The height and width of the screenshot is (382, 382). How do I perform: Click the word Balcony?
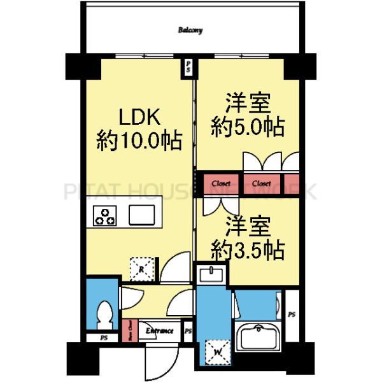coord(190,30)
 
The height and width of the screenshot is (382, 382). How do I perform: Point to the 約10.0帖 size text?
coord(139,139)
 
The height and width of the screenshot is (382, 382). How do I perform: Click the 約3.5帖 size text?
coord(248,249)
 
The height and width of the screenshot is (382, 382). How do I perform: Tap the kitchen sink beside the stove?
coord(141,215)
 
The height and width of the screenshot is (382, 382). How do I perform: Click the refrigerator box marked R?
coord(141,268)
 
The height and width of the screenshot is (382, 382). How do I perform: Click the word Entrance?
coord(159,331)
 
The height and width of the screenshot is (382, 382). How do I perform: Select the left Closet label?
coord(220,183)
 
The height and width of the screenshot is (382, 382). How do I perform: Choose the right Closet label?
coord(262,183)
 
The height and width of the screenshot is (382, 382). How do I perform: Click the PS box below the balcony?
coord(188,67)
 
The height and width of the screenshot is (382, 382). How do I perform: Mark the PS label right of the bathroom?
coord(292,315)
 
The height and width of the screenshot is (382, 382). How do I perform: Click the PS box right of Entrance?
coord(188,332)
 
